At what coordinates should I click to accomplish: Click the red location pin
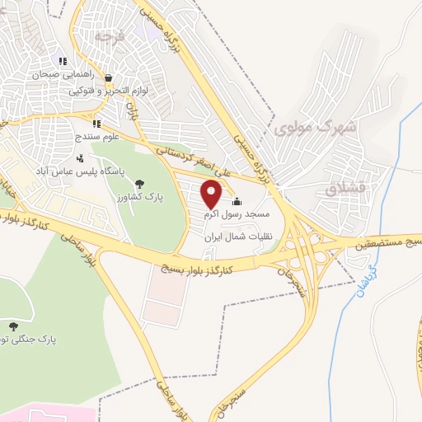[212, 195]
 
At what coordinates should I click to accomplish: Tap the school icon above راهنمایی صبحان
[63, 61]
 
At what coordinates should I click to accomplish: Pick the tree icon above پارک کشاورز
[138, 183]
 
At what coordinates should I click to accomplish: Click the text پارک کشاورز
[138, 198]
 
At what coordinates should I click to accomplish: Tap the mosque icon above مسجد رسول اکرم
[237, 202]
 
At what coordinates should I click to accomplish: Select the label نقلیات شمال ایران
[243, 236]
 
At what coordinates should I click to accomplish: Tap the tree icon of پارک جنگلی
[12, 326]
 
